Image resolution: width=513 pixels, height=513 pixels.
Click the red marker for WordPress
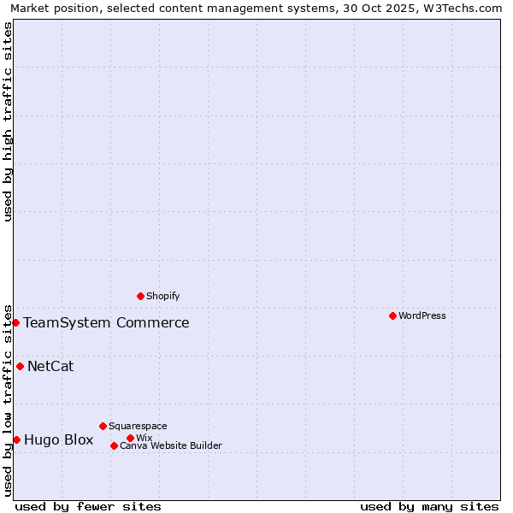click(x=392, y=315)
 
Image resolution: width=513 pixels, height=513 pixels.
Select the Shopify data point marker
click(x=141, y=296)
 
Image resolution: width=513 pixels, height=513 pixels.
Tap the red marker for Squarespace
click(x=103, y=426)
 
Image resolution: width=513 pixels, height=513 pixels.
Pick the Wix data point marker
click(x=130, y=438)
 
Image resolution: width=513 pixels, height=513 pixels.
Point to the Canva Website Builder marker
click(x=114, y=445)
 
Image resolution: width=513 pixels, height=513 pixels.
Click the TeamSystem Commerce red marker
click(x=15, y=322)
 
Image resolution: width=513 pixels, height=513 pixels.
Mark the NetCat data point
click(x=20, y=366)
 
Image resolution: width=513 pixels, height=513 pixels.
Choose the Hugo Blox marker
click(x=16, y=439)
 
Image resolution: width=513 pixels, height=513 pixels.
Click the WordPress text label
click(x=422, y=315)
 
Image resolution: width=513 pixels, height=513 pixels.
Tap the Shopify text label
click(x=162, y=296)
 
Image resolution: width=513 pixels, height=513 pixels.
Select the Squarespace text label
click(x=138, y=426)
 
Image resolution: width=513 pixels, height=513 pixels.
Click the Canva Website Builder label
click(x=171, y=445)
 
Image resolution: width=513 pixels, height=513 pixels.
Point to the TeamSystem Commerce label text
click(x=106, y=322)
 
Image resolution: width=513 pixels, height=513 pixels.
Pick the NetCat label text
click(x=50, y=366)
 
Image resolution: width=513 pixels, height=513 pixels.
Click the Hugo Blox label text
click(x=58, y=439)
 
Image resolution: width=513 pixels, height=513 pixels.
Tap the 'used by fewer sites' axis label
click(x=88, y=506)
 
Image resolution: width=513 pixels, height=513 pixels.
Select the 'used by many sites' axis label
click(x=429, y=506)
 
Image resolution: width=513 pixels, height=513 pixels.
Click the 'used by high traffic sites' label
click(x=8, y=121)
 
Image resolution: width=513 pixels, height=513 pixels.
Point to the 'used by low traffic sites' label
click(x=8, y=399)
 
